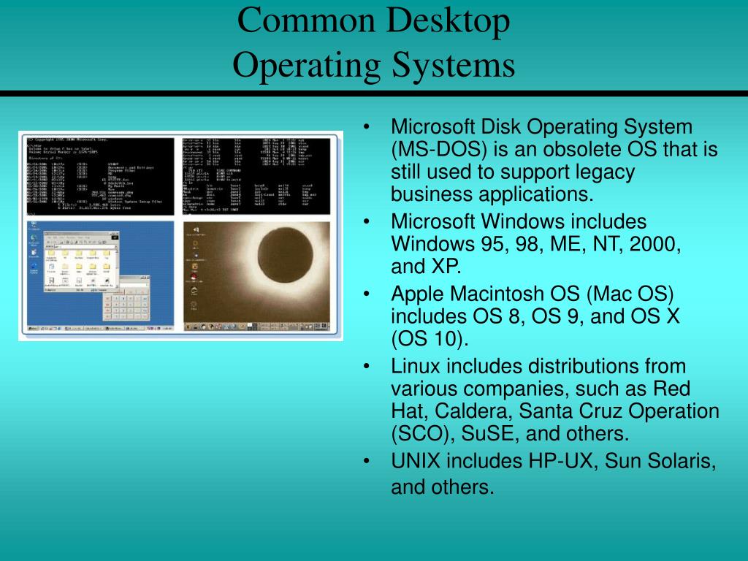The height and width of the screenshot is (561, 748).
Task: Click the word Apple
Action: tap(418, 294)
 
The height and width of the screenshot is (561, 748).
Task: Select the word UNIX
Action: tap(416, 461)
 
